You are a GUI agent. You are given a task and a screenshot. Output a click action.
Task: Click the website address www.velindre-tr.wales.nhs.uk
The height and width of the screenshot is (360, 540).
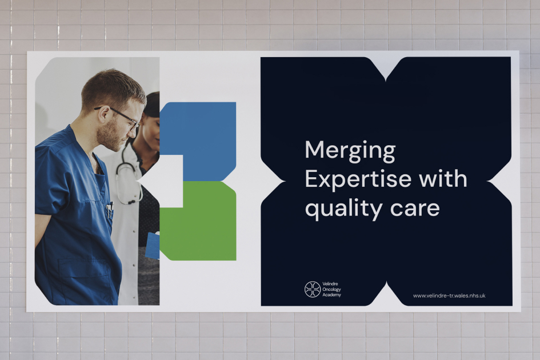(449, 295)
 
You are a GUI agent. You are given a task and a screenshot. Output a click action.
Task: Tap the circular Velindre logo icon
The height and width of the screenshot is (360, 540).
(312, 289)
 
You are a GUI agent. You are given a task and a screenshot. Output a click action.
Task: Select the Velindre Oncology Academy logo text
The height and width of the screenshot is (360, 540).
(332, 289)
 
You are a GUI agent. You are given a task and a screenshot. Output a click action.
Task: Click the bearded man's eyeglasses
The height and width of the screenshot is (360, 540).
(126, 116)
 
